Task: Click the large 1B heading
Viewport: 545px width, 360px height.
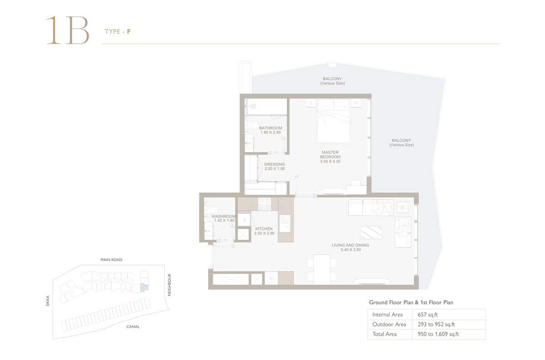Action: [68, 30]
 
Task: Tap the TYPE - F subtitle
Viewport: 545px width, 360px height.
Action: [118, 32]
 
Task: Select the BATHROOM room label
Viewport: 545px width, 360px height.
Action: [271, 128]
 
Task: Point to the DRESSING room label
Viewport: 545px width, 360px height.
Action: [274, 164]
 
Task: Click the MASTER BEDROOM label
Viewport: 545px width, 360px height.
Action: [330, 155]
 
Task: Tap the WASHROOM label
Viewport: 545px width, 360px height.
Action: [223, 216]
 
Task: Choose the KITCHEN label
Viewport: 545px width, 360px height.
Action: [264, 229]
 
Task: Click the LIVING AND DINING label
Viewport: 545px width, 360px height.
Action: [350, 245]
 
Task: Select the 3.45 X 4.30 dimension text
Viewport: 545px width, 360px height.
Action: [330, 161]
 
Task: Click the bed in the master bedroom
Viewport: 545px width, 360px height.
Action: [333, 121]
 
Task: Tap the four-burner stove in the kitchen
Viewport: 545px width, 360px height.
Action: [264, 203]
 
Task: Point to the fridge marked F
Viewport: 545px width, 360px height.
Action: [244, 220]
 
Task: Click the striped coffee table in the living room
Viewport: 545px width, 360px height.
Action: [371, 232]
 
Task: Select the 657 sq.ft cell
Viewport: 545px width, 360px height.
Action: [427, 315]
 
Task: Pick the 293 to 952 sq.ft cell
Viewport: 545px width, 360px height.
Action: [436, 324]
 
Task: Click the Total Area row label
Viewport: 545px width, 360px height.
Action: [384, 334]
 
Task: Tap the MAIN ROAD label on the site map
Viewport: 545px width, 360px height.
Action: [111, 260]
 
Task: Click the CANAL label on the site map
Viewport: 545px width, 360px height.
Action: [133, 327]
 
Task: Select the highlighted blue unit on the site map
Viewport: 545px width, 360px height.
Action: [144, 288]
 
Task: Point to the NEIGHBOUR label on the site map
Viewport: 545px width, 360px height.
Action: [169, 285]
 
